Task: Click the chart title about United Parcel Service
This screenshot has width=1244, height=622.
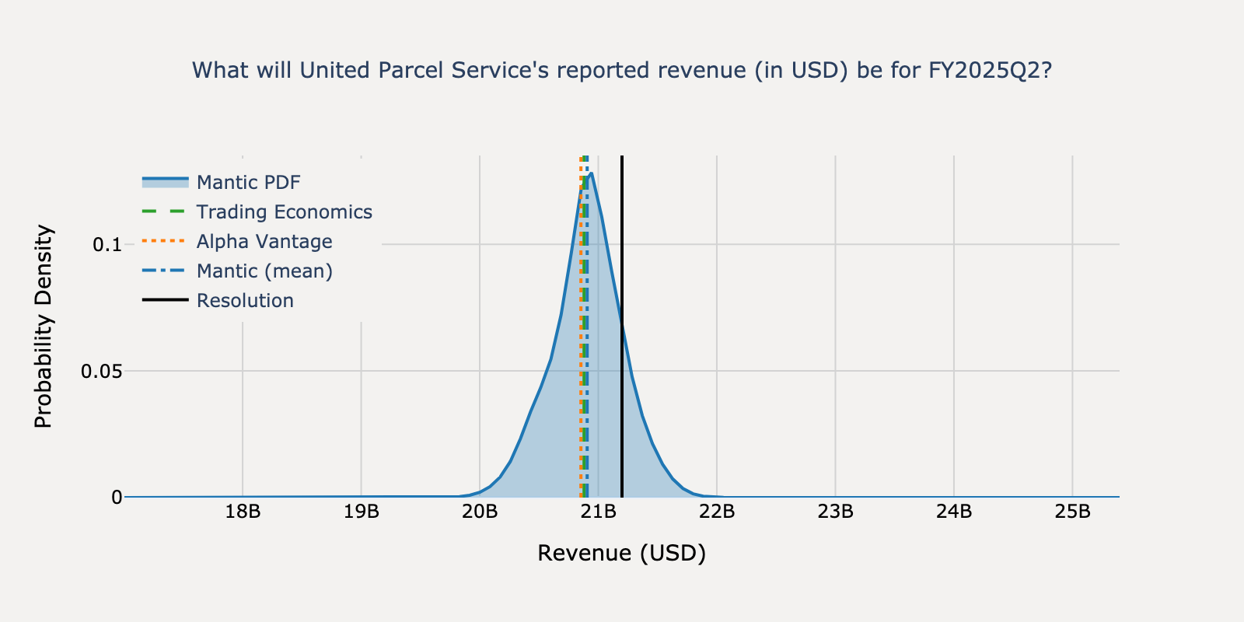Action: [621, 71]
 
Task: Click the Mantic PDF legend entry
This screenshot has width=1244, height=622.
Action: [248, 183]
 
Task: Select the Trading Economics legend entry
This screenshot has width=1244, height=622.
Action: [284, 212]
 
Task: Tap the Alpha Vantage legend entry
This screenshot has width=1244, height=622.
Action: [264, 242]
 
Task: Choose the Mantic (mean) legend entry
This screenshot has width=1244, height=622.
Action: [264, 271]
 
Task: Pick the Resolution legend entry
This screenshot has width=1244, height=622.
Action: [245, 301]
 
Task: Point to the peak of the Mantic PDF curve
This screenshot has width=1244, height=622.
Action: [592, 173]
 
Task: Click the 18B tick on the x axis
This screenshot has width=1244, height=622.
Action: [243, 512]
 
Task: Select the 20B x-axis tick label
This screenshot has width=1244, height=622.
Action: [480, 512]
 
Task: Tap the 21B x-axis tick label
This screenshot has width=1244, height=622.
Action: [599, 512]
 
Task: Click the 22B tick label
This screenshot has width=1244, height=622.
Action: [717, 512]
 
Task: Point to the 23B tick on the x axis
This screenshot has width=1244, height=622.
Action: [836, 512]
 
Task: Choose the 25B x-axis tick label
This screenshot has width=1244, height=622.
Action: [1072, 512]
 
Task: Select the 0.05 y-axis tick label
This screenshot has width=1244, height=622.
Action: [101, 371]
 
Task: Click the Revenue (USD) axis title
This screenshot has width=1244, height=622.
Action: [621, 553]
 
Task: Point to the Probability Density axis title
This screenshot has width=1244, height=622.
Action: [44, 326]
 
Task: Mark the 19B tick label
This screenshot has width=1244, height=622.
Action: [362, 512]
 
